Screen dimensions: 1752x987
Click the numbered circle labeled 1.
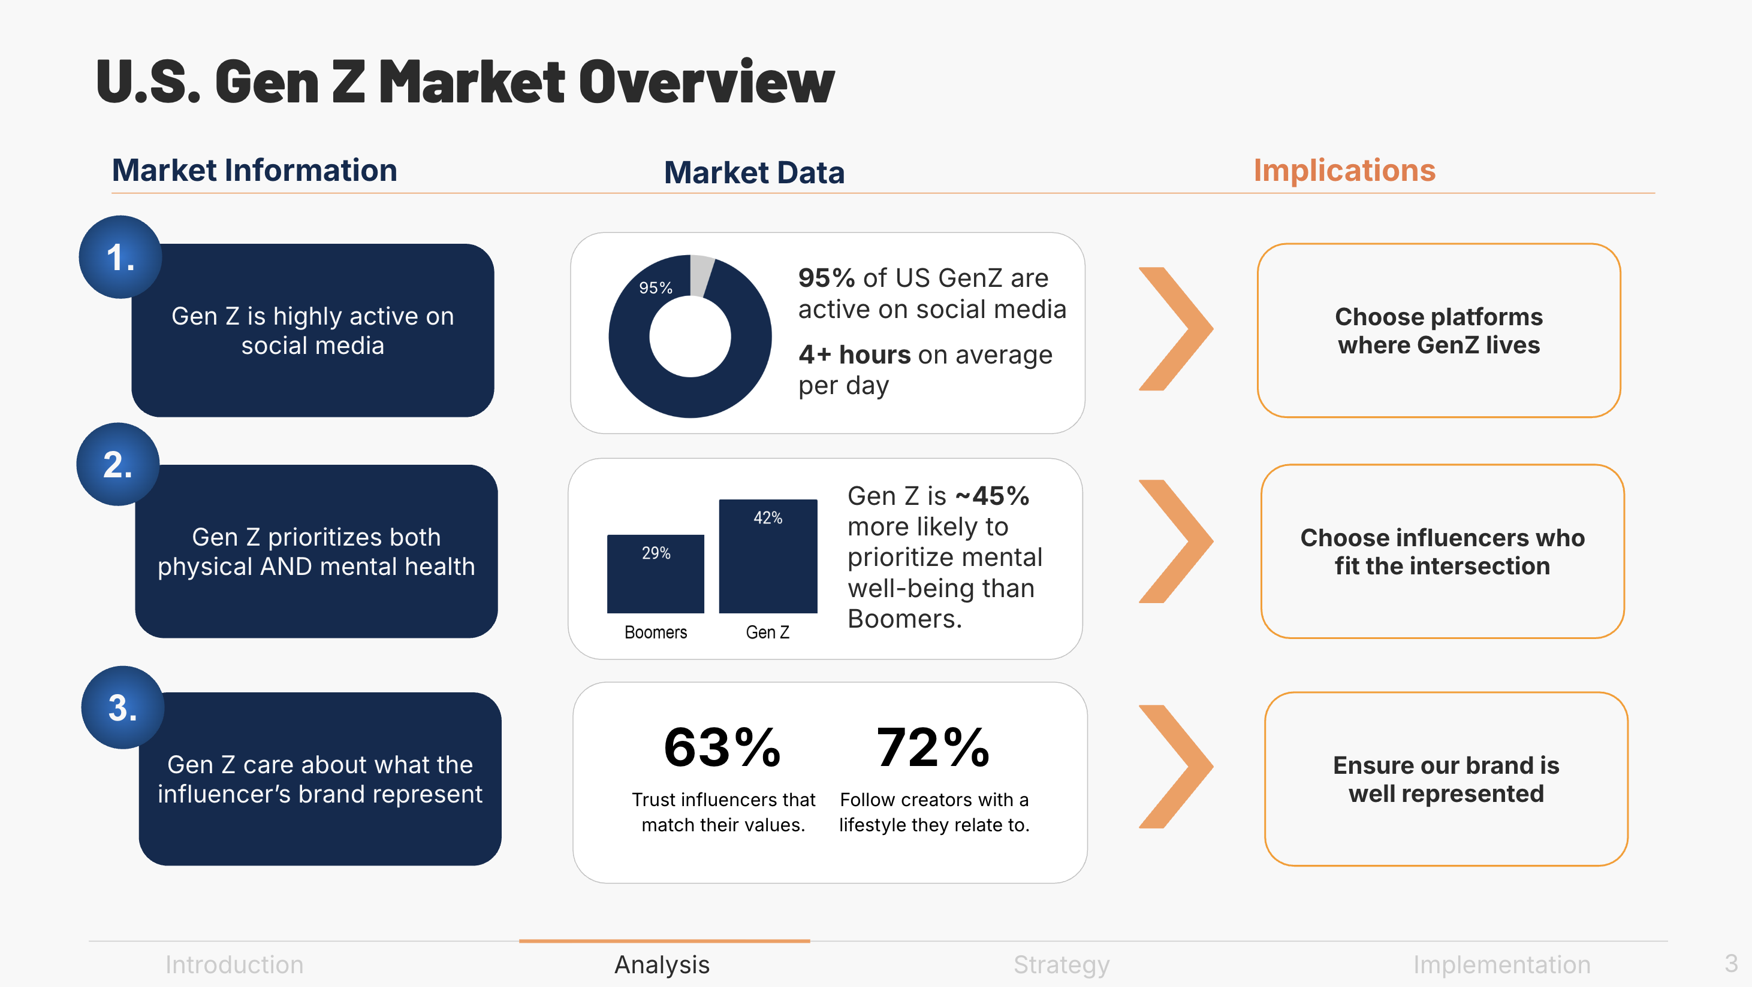(x=120, y=257)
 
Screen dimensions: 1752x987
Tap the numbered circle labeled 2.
(x=117, y=464)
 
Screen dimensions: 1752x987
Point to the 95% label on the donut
(x=656, y=288)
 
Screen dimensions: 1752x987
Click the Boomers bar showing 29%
(x=656, y=574)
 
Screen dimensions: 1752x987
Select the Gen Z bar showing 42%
(x=768, y=556)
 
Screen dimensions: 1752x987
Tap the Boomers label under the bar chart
(x=656, y=632)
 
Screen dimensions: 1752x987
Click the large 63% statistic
(x=722, y=747)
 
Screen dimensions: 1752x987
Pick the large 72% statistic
(x=933, y=747)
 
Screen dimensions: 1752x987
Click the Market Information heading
(x=254, y=170)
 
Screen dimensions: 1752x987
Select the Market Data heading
(x=754, y=172)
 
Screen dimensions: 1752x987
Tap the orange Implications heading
(x=1344, y=170)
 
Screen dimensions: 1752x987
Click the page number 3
(x=1731, y=963)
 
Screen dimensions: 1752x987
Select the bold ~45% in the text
(x=993, y=496)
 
